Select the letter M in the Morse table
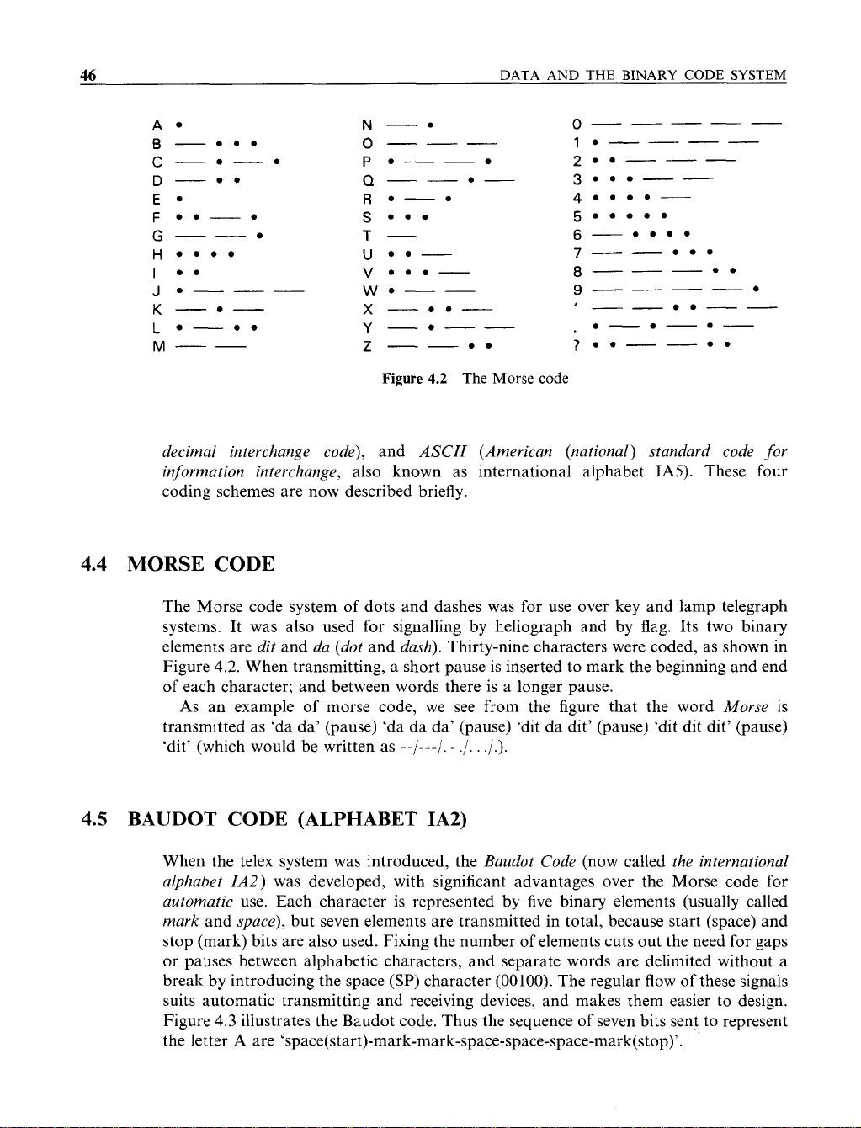click(x=148, y=343)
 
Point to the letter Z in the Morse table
click(x=364, y=343)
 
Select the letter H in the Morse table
click(x=148, y=252)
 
